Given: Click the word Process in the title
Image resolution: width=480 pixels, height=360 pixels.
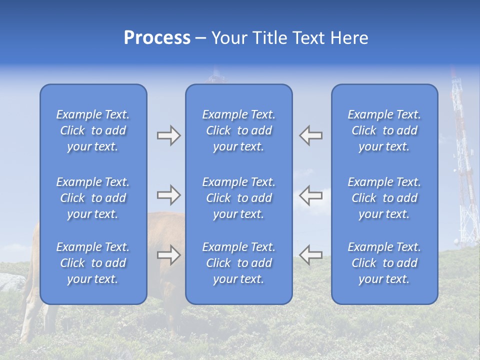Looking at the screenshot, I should click(x=157, y=38).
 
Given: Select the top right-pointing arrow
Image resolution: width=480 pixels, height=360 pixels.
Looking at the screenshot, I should click(x=169, y=135).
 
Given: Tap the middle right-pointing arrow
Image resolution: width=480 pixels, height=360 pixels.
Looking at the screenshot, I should click(x=169, y=195).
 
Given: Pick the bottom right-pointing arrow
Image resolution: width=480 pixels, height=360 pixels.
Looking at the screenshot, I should click(x=169, y=255).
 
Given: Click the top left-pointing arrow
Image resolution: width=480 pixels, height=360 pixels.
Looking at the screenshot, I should click(x=311, y=135).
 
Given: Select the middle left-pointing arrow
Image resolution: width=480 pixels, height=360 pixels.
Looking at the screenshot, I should click(x=311, y=195).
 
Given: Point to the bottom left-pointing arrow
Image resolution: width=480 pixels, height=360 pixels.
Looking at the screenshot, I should click(x=311, y=255).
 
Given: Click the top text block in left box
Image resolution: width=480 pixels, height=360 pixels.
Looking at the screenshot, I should click(x=93, y=130).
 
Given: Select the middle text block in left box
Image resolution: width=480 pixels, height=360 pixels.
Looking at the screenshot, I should click(x=93, y=198).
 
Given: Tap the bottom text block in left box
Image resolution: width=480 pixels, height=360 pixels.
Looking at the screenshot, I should click(x=93, y=263).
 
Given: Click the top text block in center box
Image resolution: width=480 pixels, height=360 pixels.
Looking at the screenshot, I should click(x=238, y=130).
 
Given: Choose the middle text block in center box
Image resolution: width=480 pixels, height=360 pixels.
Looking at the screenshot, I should click(x=238, y=198).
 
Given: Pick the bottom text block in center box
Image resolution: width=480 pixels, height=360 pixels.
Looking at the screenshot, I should click(x=238, y=263).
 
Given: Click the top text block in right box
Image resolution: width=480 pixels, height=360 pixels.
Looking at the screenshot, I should click(x=384, y=130).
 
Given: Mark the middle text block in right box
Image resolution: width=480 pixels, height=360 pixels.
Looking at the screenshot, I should click(x=384, y=198).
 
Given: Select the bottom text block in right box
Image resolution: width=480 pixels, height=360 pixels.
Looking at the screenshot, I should click(x=384, y=263).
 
